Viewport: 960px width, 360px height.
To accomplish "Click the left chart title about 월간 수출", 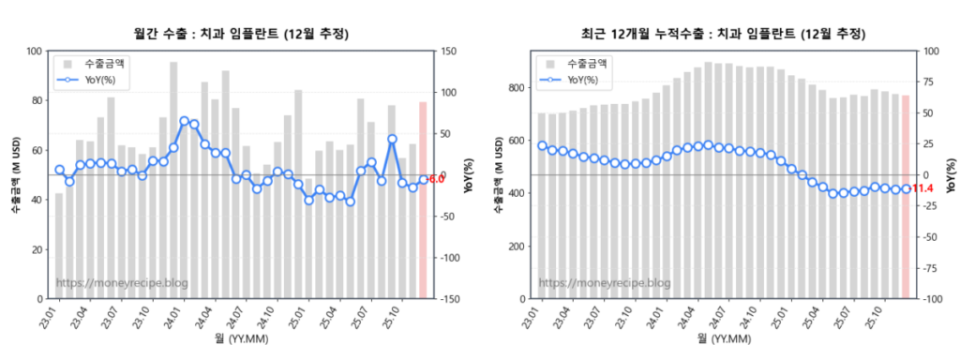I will click(x=242, y=34).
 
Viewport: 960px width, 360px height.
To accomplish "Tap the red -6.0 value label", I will click(x=436, y=179).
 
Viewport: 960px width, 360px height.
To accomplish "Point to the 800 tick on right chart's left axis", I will click(x=517, y=88).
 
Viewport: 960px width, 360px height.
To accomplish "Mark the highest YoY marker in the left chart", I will click(x=184, y=121).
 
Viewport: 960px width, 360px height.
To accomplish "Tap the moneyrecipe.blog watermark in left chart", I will click(x=122, y=282).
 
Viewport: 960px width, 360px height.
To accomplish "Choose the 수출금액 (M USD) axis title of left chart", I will click(x=16, y=175).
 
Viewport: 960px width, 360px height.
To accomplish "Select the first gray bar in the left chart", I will click(x=59, y=246).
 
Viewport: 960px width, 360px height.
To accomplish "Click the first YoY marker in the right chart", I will click(x=542, y=145).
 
